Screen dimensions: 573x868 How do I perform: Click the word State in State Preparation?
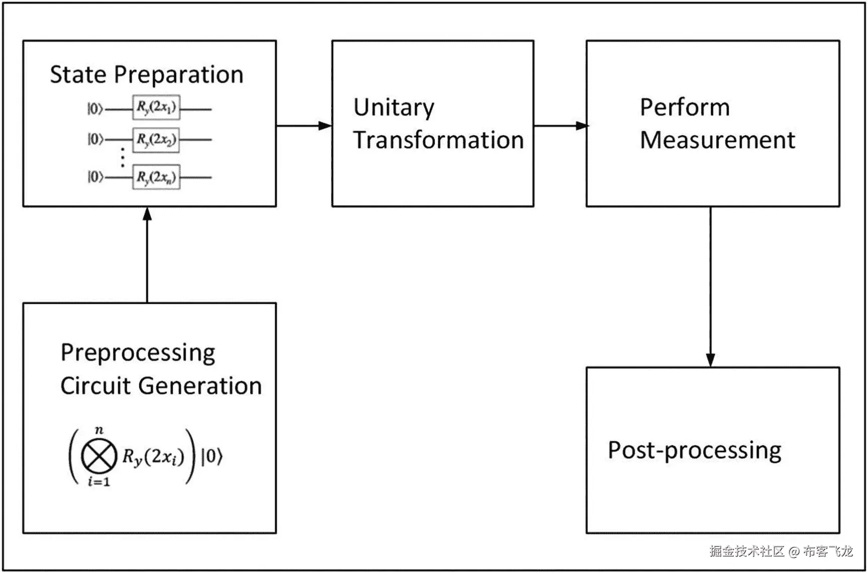pos(78,75)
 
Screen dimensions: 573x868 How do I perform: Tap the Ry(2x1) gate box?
pos(156,107)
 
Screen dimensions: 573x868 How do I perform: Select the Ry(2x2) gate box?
pos(156,139)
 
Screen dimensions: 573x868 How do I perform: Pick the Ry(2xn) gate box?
pos(156,177)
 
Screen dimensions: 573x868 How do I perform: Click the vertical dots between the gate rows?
pos(123,158)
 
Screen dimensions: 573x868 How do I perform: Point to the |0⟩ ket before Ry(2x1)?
pos(95,108)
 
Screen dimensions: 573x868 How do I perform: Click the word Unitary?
pos(393,108)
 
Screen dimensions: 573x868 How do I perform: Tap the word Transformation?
pos(438,140)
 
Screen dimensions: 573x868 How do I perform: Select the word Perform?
pos(684,107)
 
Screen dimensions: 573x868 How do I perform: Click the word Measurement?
pos(717,140)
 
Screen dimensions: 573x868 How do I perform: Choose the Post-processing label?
pos(694,451)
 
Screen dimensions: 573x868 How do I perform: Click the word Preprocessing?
pos(137,353)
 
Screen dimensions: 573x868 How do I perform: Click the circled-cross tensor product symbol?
pos(99,456)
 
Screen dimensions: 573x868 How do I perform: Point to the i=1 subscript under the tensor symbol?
pos(99,482)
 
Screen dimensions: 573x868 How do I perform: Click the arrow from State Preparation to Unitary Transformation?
pos(304,125)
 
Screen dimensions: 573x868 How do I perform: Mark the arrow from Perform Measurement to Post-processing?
pos(711,287)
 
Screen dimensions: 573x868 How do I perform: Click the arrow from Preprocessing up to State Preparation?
pos(147,254)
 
